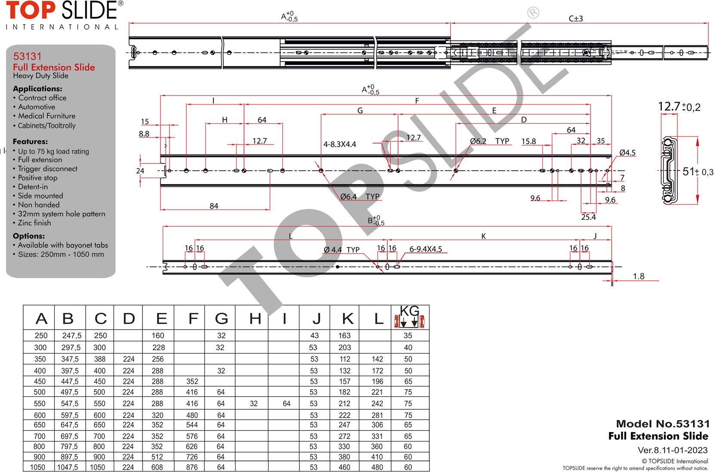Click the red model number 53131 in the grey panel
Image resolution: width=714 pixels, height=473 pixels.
28,56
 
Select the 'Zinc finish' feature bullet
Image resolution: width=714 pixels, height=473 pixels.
34,223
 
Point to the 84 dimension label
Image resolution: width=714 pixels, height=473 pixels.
214,206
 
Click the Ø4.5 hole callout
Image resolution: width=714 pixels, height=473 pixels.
627,153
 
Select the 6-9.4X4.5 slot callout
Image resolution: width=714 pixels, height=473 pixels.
426,249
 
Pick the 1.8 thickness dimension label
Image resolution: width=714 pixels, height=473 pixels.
638,276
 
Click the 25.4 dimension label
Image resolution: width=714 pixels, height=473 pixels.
588,217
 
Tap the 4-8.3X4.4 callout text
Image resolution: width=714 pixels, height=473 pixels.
340,144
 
